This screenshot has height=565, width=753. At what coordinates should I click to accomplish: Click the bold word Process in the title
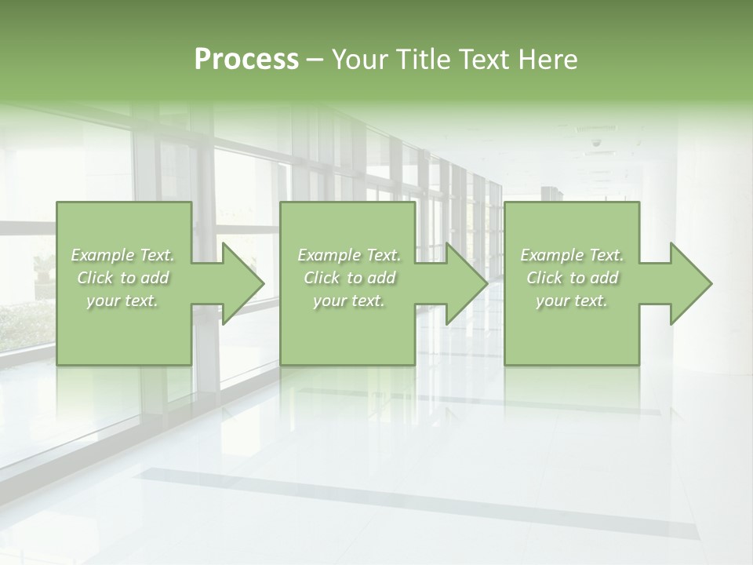pyautogui.click(x=246, y=60)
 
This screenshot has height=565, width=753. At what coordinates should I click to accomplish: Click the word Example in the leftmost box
pyautogui.click(x=101, y=255)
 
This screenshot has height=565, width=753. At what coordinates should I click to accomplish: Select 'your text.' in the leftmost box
pyautogui.click(x=122, y=301)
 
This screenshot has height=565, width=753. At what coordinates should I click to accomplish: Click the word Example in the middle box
pyautogui.click(x=328, y=255)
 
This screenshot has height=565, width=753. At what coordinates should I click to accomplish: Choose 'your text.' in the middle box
pyautogui.click(x=349, y=301)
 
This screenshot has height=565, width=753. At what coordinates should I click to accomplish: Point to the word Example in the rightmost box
pyautogui.click(x=551, y=255)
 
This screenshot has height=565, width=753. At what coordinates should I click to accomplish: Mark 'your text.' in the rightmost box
pyautogui.click(x=572, y=301)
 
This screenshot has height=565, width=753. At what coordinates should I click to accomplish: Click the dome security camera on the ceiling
pyautogui.click(x=596, y=144)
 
